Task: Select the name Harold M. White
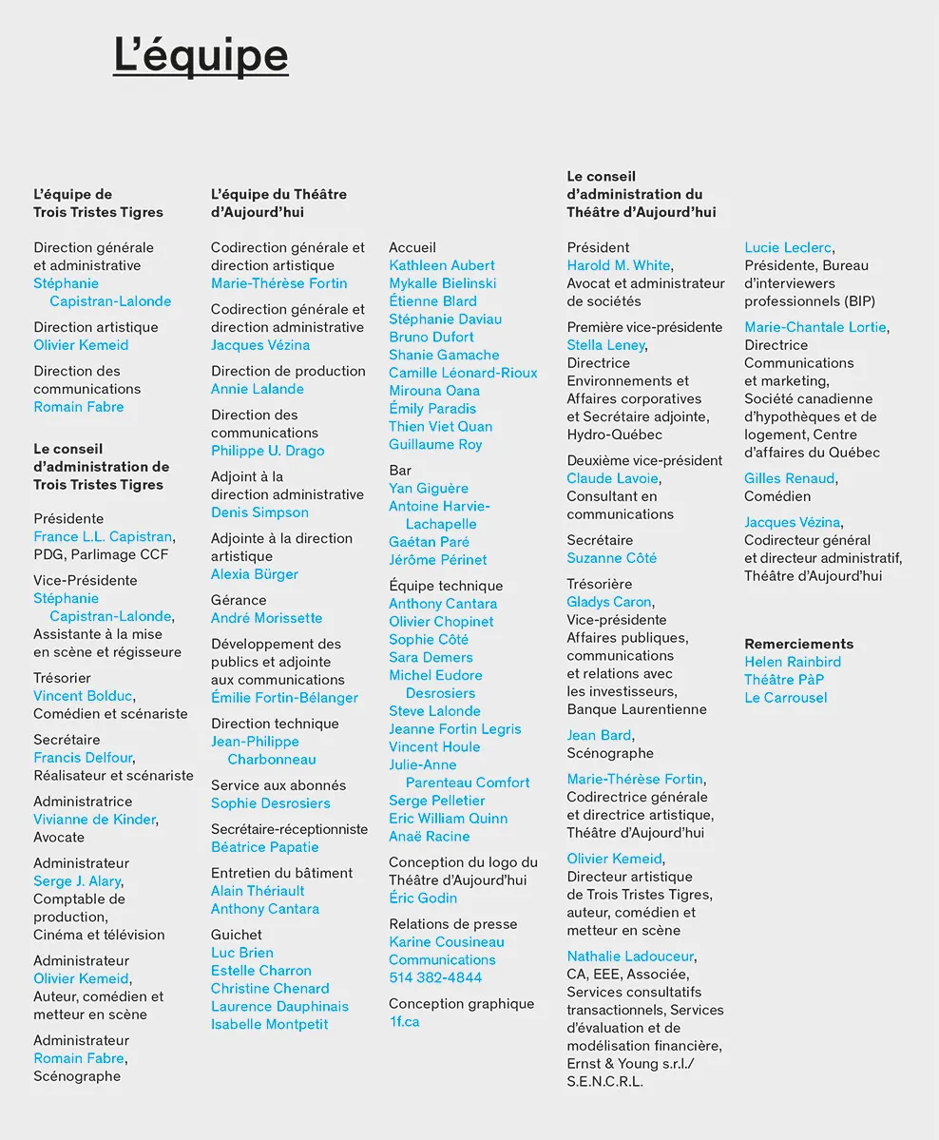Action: tap(618, 265)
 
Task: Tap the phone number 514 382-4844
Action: tap(435, 977)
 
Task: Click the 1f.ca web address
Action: tap(404, 1021)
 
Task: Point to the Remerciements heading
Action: tap(798, 644)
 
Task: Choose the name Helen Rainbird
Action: tap(793, 662)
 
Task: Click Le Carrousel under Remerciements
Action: tap(786, 698)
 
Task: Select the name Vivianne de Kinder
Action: tap(94, 820)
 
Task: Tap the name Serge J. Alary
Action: tap(77, 881)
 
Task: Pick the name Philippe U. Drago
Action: tap(267, 451)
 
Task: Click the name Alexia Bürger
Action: tap(255, 574)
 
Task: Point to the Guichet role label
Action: tap(236, 935)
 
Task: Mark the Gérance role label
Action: tap(239, 600)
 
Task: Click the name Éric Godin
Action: tap(423, 898)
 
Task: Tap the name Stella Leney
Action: tap(606, 345)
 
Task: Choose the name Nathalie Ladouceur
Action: tap(630, 956)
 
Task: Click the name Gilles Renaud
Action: tap(789, 478)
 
